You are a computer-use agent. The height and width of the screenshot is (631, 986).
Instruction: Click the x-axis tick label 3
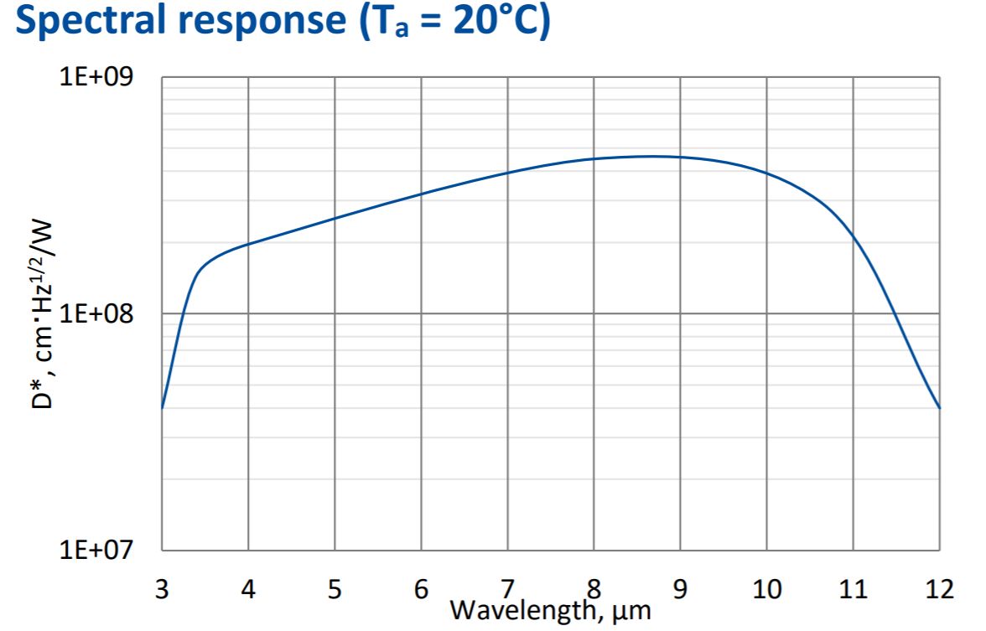162,589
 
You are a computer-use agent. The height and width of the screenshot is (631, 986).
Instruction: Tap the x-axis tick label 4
248,589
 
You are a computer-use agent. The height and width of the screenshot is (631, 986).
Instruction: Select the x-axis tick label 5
335,589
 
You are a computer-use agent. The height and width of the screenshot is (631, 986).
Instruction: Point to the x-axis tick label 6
421,589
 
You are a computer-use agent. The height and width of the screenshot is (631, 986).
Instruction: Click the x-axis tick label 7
507,589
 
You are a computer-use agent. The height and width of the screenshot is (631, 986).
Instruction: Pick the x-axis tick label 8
594,589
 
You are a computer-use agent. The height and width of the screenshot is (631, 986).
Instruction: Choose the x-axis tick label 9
680,589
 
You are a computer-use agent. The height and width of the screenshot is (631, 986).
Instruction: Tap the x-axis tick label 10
766,589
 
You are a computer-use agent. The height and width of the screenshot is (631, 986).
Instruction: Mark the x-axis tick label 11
853,589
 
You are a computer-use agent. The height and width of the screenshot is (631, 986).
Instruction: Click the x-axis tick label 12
939,589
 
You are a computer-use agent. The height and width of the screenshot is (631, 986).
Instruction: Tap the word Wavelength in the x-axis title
521,611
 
